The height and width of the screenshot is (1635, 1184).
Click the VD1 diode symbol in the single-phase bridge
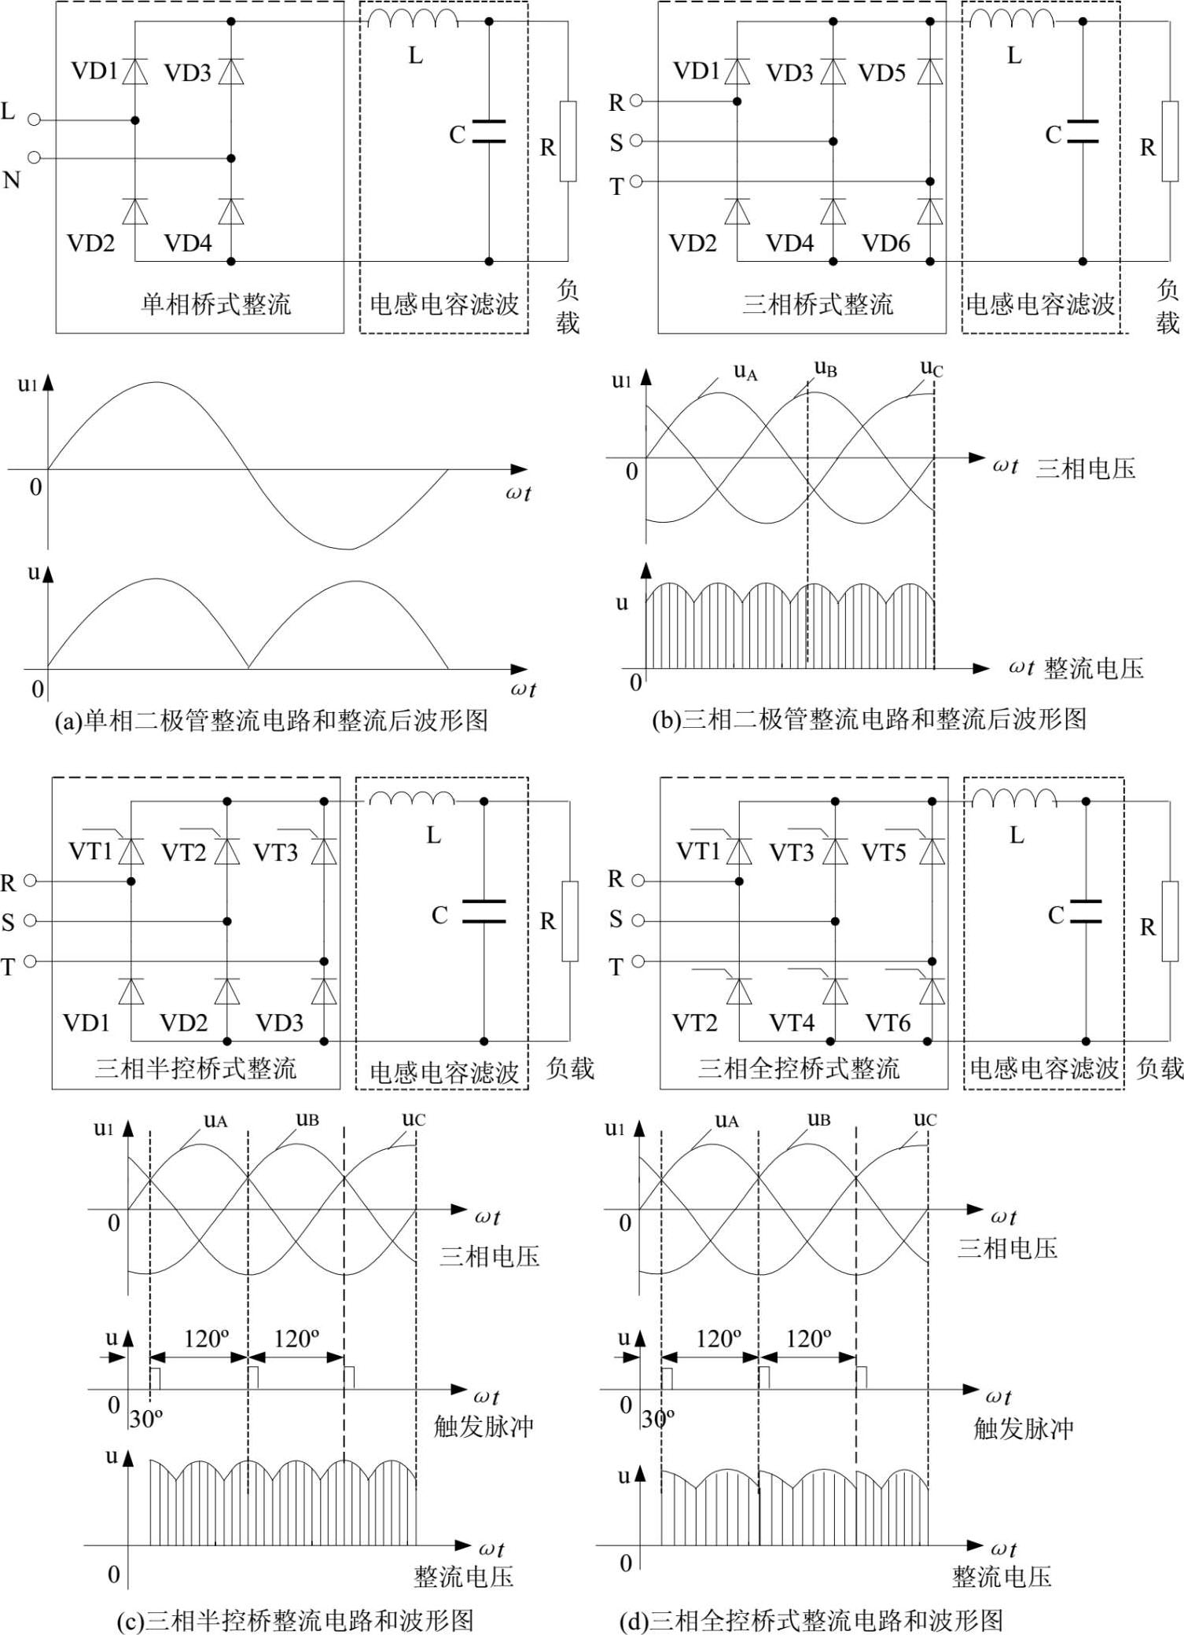tap(135, 72)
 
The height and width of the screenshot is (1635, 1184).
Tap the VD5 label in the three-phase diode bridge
tap(881, 73)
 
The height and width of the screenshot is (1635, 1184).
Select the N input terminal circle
tap(34, 158)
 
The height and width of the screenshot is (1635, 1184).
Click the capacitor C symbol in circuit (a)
tap(488, 132)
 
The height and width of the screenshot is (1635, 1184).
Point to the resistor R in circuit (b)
tap(1169, 141)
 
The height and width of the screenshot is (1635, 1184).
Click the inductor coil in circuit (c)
tap(412, 799)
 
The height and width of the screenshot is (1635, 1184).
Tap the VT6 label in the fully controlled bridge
tap(888, 1023)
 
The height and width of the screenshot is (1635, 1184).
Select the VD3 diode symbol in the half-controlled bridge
tap(324, 992)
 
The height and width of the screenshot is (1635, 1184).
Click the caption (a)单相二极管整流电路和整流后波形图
tap(271, 720)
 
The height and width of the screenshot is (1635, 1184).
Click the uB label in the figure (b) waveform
tap(825, 368)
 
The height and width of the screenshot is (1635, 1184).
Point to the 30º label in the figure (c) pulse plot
tap(146, 1419)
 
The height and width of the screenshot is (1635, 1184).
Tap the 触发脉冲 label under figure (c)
tap(484, 1426)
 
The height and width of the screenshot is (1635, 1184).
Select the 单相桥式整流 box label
tap(215, 304)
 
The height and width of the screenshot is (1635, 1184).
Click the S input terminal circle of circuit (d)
tap(638, 920)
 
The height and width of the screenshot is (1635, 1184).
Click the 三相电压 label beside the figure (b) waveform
tap(1086, 468)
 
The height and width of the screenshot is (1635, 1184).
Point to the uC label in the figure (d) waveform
tap(925, 1120)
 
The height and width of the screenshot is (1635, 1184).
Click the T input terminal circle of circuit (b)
tap(636, 182)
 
